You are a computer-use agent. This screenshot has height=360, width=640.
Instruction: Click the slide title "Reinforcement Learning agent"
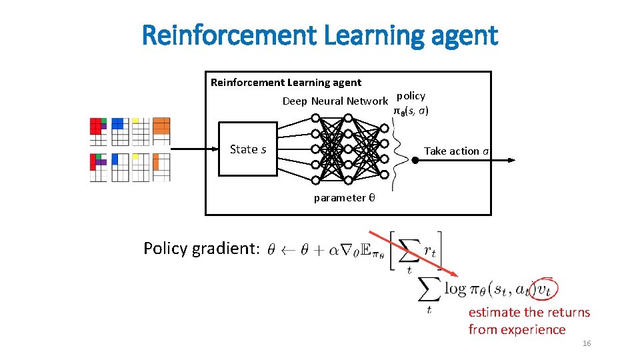click(320, 35)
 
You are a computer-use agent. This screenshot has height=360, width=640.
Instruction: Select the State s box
click(248, 149)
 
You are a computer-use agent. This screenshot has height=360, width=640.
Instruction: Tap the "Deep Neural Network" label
click(335, 101)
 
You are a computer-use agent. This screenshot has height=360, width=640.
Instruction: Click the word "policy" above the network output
click(411, 95)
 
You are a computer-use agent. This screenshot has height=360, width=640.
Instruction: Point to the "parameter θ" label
click(344, 197)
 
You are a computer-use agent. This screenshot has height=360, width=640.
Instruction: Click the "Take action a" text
click(457, 151)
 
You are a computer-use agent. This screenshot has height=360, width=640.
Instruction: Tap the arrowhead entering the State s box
click(215, 149)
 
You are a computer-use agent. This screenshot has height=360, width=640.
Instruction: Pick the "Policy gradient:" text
click(201, 249)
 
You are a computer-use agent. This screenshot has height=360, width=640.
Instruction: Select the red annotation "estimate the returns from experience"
click(529, 321)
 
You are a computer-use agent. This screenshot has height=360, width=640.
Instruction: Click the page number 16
click(587, 343)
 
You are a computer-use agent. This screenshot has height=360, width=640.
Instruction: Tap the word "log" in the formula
click(455, 288)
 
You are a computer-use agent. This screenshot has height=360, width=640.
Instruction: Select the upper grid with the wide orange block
click(161, 131)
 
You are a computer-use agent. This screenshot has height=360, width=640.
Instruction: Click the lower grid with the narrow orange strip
click(161, 167)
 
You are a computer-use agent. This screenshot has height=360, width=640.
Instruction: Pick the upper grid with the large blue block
click(120, 131)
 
